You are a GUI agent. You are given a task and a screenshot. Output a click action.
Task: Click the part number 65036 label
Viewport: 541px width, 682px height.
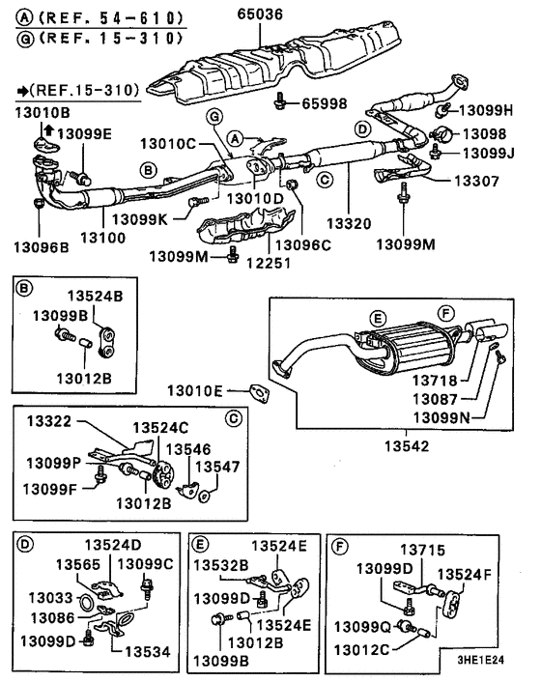coord(260,14)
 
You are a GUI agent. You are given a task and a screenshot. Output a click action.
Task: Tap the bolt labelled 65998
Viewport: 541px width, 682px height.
coord(279,101)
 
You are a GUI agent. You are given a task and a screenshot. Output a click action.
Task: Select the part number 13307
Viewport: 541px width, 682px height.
coord(476,181)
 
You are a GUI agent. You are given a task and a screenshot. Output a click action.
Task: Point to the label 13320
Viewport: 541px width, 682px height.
coord(349,223)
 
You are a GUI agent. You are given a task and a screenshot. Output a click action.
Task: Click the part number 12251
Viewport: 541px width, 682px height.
coord(269,263)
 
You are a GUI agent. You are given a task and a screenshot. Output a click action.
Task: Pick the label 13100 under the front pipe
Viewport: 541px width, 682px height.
coord(103,238)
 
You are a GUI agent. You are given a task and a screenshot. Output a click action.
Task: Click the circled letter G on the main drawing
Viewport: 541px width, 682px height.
coord(214,117)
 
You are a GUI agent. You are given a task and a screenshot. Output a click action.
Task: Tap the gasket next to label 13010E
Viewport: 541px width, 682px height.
coord(259,393)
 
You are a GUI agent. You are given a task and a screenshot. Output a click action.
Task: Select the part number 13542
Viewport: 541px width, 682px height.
coord(407,446)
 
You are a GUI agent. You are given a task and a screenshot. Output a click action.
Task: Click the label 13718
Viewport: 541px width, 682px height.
coord(435,381)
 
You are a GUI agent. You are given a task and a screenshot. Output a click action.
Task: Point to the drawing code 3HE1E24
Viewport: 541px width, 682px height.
coord(480,660)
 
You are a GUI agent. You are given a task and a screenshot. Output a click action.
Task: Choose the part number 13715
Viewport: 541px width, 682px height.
coord(423,550)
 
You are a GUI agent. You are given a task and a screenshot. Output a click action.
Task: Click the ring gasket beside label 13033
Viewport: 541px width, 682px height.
coord(86,603)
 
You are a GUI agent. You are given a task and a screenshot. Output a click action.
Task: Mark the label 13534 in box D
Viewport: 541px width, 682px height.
coord(148,651)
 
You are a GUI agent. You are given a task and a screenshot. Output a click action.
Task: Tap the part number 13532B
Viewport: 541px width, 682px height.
coord(221,565)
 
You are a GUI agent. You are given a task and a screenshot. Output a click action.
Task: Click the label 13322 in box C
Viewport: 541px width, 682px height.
coord(48,421)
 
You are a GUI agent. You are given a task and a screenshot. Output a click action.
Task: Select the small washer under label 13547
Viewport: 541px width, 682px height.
coord(204,497)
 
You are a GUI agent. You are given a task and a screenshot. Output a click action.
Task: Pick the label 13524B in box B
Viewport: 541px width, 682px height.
coord(95,296)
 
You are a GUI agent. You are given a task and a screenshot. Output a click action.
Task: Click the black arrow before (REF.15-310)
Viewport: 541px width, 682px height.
coord(22,91)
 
